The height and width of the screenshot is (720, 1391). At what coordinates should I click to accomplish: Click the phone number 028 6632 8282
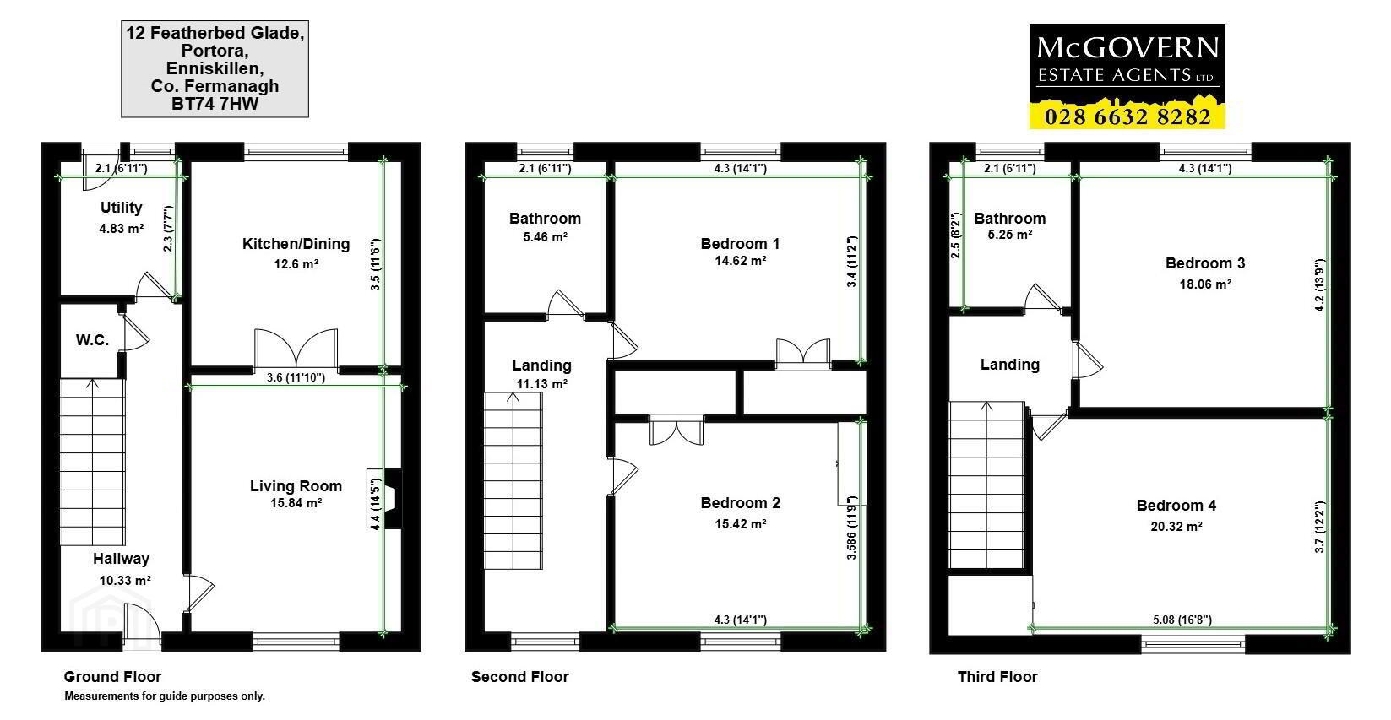(1127, 116)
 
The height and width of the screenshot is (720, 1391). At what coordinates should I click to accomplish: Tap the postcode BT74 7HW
(215, 104)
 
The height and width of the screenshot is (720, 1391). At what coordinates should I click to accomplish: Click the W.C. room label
(93, 339)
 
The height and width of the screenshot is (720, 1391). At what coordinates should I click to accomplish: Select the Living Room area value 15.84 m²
(296, 503)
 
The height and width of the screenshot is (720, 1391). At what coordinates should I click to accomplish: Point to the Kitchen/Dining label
(296, 244)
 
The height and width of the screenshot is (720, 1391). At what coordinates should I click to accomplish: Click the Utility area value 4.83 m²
(121, 229)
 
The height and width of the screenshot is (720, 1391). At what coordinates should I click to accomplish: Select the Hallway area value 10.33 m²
(125, 581)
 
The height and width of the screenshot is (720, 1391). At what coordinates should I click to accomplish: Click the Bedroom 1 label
(740, 244)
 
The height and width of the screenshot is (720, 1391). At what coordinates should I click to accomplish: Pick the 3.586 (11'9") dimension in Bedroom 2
(851, 528)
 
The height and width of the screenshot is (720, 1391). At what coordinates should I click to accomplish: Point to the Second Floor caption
(519, 677)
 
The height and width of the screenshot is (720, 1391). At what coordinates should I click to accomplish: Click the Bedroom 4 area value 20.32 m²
(1176, 527)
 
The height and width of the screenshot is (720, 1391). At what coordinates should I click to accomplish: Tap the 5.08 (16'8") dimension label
(1182, 620)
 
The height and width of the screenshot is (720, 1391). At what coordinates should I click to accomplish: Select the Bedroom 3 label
(1205, 263)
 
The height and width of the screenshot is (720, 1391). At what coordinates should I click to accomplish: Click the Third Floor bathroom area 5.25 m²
(1010, 235)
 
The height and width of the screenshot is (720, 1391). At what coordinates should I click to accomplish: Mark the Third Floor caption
(997, 677)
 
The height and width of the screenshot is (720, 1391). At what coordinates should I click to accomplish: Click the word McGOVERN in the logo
(1127, 48)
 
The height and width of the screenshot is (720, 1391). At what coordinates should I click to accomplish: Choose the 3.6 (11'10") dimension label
(296, 377)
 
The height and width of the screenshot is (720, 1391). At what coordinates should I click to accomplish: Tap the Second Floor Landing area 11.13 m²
(541, 384)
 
